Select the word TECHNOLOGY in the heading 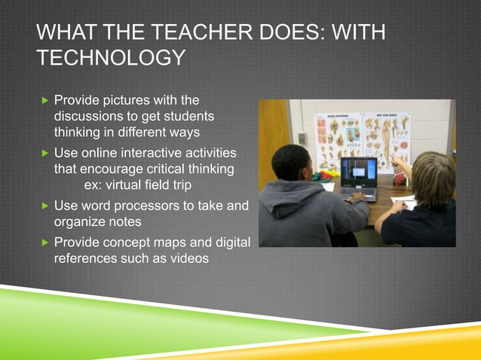(x=111, y=58)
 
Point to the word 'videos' (x=189, y=259)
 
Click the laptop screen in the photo (x=358, y=172)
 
